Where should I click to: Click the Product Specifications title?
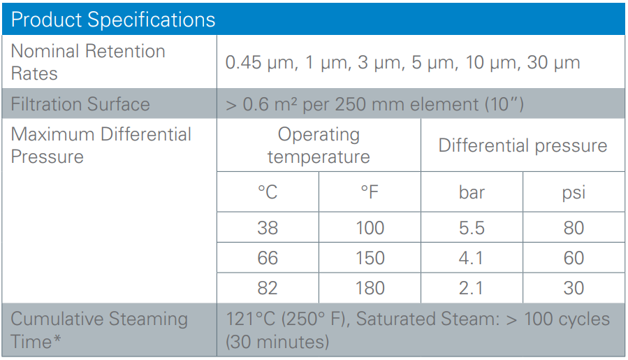point(113,20)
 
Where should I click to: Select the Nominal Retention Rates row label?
point(88,62)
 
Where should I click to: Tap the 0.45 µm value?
point(262,62)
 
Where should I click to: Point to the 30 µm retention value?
point(553,62)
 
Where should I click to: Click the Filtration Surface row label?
point(80,104)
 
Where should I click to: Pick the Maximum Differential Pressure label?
point(101,145)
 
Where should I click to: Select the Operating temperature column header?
point(319,145)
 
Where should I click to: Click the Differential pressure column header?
point(523,145)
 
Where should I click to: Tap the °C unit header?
point(268,192)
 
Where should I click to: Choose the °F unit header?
point(370,192)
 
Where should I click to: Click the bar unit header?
point(472,192)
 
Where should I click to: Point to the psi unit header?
point(574,193)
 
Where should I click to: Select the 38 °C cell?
point(268,228)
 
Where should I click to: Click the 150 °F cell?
point(370,258)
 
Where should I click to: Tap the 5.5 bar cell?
point(472,228)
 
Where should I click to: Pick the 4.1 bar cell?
point(471,258)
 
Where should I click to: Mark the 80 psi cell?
point(574,228)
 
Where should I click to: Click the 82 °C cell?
point(268,288)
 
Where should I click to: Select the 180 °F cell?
point(370,288)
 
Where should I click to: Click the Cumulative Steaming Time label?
point(99,330)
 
